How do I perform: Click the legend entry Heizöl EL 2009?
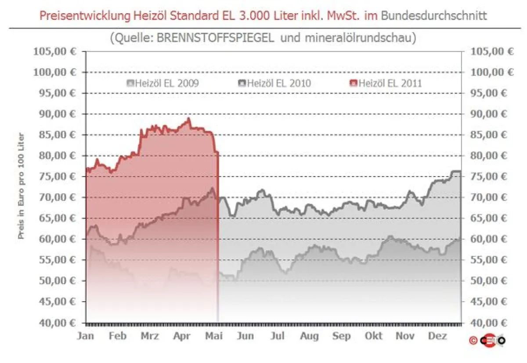[163, 83]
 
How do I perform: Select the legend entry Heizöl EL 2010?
[274, 83]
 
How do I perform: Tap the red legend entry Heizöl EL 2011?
[386, 83]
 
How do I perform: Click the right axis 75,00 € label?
[492, 176]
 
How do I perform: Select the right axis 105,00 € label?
[492, 51]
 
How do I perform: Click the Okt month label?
[374, 336]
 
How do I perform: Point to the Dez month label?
[438, 336]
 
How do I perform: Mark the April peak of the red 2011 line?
[188, 119]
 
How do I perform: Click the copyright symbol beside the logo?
[473, 340]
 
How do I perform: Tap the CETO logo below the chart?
[492, 340]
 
